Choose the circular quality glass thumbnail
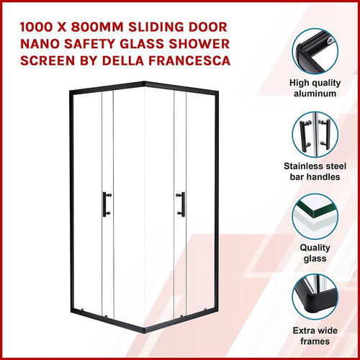(x=315, y=218)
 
